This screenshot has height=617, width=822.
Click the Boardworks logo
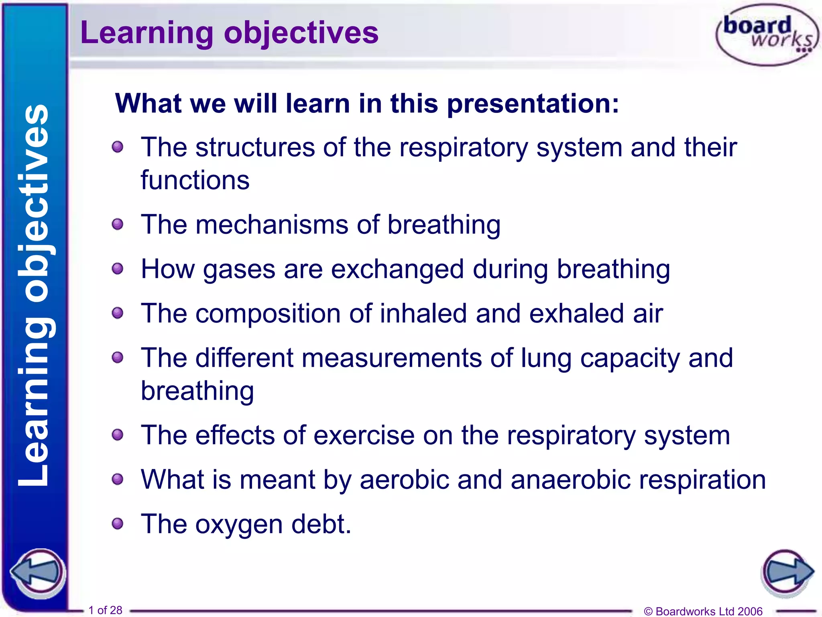[767, 35]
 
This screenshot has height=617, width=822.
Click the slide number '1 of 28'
[105, 610]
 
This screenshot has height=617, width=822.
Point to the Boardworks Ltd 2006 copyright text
[703, 611]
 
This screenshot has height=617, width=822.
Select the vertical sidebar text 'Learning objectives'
[34, 295]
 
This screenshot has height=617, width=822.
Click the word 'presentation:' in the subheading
[533, 104]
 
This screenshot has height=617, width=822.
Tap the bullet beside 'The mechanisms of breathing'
[118, 224]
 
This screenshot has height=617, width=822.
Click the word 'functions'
[195, 180]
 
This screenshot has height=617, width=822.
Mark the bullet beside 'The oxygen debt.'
[118, 523]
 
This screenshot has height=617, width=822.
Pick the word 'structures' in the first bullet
[255, 147]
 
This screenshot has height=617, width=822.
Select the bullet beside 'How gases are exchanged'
[118, 268]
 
